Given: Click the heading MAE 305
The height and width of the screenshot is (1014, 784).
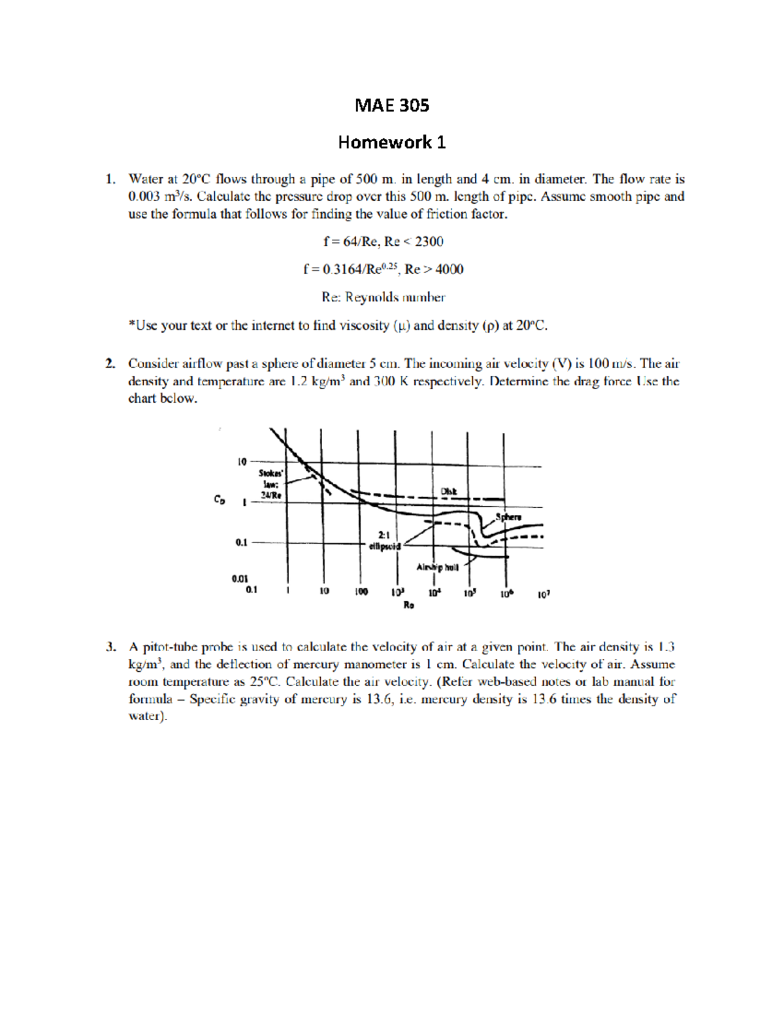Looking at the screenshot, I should coord(391,106).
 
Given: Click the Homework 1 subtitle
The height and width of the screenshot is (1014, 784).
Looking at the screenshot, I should coord(391,142).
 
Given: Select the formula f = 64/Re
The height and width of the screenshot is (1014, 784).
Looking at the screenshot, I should coord(351,242).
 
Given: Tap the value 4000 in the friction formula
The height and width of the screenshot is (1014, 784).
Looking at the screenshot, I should coord(449,269).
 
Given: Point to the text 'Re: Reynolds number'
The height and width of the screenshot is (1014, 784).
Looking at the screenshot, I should coord(384,297).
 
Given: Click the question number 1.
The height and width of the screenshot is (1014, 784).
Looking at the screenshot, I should coord(110,179).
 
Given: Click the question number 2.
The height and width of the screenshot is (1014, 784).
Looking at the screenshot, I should coord(110,364).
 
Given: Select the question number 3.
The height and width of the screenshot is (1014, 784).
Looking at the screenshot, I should coord(110,647).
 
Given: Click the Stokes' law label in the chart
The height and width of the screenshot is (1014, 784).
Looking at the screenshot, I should coord(270,484).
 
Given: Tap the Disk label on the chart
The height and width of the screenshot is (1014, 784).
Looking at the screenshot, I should coord(449,491).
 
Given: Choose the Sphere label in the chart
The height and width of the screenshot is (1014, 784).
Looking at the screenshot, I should coord(508,517).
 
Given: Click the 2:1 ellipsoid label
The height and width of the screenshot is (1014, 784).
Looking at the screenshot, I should coord(384,541).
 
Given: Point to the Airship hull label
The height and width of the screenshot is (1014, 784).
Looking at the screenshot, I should coord(438,567).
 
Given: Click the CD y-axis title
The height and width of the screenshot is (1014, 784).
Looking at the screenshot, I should coord(220,499).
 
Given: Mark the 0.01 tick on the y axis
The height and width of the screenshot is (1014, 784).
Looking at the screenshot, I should coord(240,578).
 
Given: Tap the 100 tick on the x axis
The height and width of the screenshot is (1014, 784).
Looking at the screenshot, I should coord(361,592).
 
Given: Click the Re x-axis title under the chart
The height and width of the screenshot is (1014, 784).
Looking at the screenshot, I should coord(409,605).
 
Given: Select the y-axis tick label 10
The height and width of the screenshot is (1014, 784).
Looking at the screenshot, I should coord(242,462).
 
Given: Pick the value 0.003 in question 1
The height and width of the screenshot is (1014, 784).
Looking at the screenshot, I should coord(144,197).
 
